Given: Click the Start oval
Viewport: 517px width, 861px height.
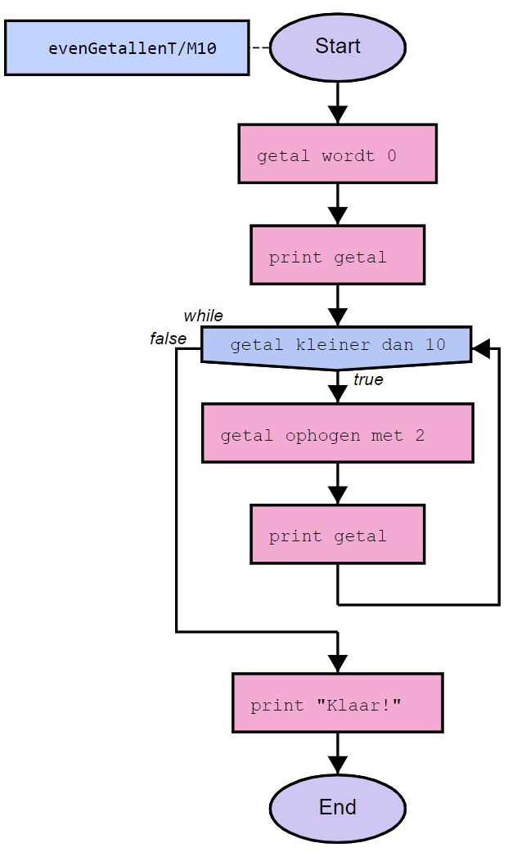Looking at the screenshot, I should (337, 47).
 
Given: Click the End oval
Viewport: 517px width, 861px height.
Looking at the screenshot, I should (337, 807).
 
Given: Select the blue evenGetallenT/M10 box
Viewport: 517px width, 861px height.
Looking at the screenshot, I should (127, 48).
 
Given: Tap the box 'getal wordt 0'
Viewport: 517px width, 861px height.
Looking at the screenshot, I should (337, 154).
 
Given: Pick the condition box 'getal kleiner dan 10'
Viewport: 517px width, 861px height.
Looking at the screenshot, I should (336, 345).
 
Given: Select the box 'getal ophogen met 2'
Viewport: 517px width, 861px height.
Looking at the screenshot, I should (337, 433).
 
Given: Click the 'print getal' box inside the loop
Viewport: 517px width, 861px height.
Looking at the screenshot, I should (337, 535).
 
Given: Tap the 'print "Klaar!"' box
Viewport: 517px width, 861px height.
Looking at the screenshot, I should (337, 703).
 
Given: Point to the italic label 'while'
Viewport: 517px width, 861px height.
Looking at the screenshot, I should (203, 316).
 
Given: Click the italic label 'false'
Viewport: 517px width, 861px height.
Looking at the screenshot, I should (168, 339).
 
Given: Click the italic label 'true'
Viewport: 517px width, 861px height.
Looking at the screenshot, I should (368, 380).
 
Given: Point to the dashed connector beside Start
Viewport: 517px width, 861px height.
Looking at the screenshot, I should (259, 47).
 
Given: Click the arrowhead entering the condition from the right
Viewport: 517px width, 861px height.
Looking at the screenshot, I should (482, 349).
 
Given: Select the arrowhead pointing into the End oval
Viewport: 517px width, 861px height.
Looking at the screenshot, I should (337, 765).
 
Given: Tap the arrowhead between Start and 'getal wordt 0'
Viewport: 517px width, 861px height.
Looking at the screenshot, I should (337, 114).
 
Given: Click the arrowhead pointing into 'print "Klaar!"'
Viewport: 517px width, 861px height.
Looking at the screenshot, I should (337, 663).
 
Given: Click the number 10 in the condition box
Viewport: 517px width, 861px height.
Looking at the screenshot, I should (435, 345).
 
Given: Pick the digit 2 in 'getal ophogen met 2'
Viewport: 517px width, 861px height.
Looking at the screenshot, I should (420, 435).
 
